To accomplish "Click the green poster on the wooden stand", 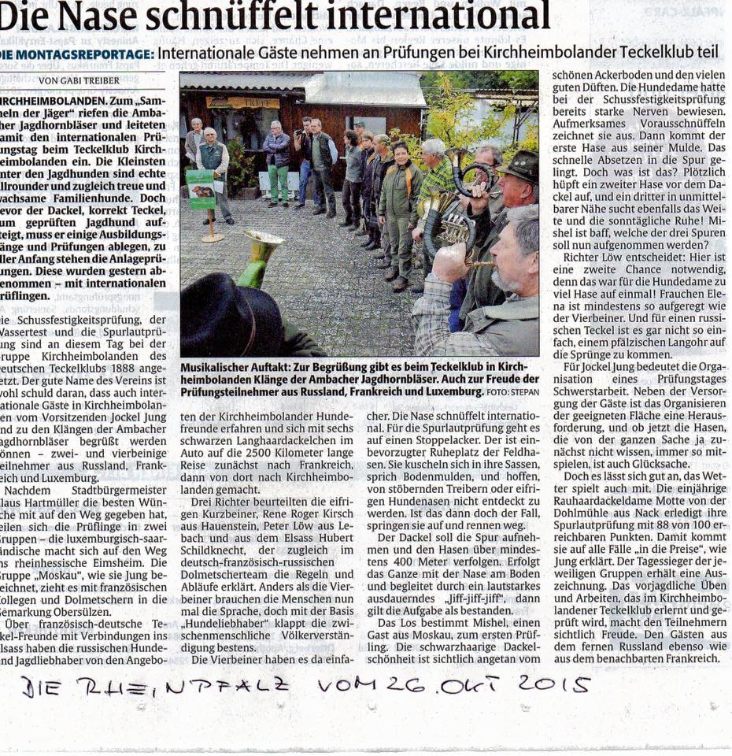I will pos(200,190).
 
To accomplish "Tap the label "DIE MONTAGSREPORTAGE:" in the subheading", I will pos(77,54).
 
